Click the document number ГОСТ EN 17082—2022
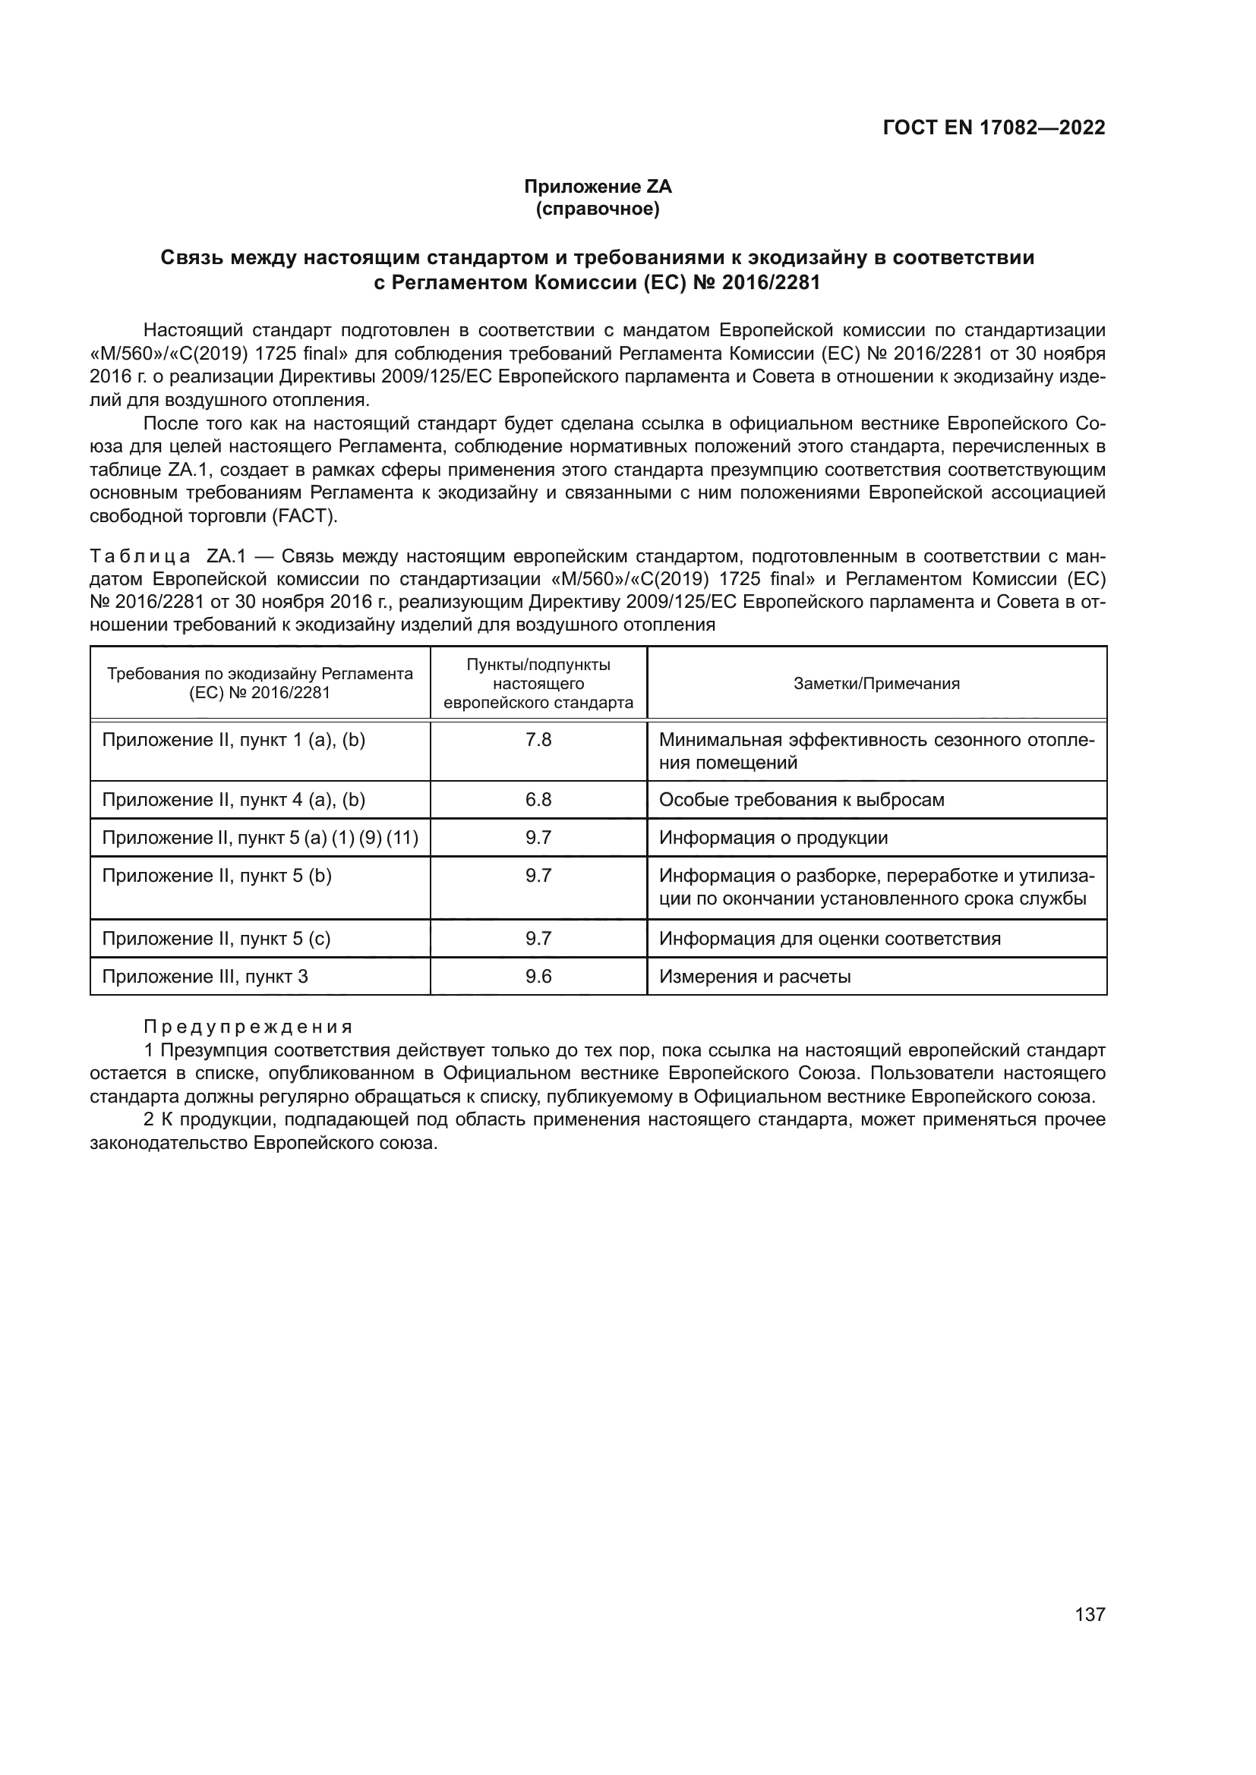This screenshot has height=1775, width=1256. (x=993, y=127)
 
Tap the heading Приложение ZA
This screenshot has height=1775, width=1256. (x=597, y=187)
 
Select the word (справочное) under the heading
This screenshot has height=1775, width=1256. (x=597, y=209)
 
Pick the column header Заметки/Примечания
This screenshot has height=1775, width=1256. (x=876, y=684)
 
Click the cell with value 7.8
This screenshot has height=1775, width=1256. (x=538, y=740)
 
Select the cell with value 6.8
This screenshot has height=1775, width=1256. (x=538, y=799)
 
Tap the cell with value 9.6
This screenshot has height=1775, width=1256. (x=538, y=977)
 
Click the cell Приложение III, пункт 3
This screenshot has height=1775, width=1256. (x=205, y=977)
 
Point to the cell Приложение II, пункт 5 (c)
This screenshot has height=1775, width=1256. (x=216, y=939)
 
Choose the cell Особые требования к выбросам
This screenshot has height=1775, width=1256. (x=801, y=799)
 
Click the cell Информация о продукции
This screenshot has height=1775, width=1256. (x=772, y=837)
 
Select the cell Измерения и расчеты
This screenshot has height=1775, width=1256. (x=754, y=977)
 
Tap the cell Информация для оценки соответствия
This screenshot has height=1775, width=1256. (x=829, y=939)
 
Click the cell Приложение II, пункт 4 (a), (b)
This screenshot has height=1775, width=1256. (x=234, y=799)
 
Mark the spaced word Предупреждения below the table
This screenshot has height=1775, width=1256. (x=248, y=1028)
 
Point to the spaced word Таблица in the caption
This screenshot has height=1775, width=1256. (x=140, y=555)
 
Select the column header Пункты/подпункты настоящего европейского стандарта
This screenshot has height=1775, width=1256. (x=538, y=684)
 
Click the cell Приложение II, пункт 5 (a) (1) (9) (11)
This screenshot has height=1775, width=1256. (x=260, y=837)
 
